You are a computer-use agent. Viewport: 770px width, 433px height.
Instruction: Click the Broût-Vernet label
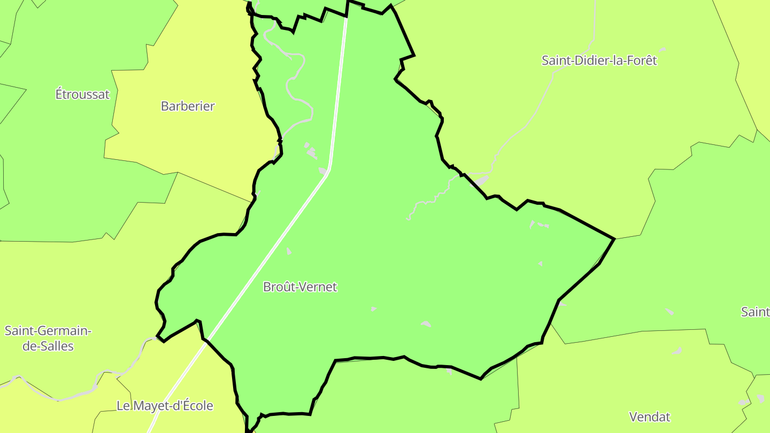[300, 287]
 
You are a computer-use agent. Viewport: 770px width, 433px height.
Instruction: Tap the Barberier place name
[188, 106]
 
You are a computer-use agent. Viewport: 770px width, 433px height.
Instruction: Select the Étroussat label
[82, 95]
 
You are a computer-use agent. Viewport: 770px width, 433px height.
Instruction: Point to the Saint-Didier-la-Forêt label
[599, 60]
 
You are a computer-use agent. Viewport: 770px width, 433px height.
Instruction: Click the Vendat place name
[650, 416]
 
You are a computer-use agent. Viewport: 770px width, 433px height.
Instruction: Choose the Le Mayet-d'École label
[165, 406]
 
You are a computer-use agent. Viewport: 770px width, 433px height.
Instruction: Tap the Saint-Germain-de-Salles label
[48, 338]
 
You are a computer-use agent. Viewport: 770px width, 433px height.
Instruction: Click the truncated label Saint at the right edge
[755, 312]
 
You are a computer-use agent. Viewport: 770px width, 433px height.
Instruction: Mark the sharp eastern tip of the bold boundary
[614, 238]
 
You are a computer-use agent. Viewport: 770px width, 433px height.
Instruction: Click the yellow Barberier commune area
[203, 139]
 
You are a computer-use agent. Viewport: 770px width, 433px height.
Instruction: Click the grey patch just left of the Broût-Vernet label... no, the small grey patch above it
[289, 251]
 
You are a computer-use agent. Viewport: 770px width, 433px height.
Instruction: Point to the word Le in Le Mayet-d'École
[123, 406]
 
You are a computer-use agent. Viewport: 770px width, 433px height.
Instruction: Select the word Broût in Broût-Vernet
[279, 287]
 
